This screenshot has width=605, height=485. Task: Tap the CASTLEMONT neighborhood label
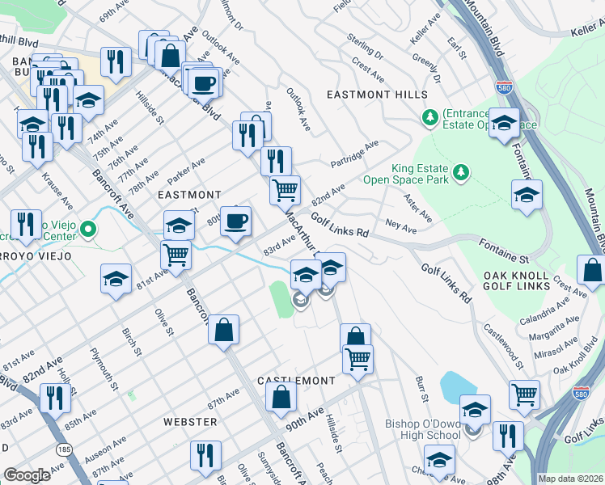[296, 380]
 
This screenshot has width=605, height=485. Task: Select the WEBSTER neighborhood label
[190, 422]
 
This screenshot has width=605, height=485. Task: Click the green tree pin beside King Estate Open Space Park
[461, 171]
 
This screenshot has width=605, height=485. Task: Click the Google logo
[27, 475]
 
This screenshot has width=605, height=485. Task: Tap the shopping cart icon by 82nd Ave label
[285, 190]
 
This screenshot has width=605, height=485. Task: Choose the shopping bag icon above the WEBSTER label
[281, 397]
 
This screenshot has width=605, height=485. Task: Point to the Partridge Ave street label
[354, 154]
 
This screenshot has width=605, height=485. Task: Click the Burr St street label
[421, 389]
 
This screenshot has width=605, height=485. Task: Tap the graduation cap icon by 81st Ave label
[116, 279]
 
